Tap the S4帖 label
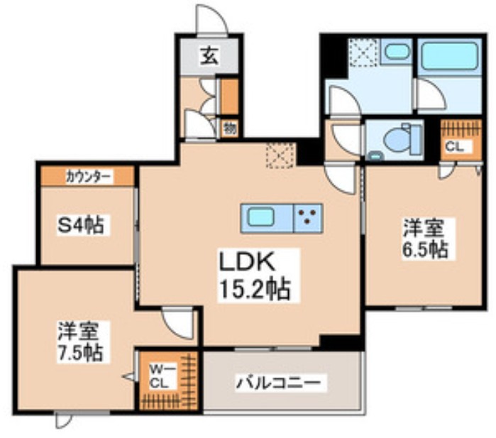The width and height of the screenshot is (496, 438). pos(81,226)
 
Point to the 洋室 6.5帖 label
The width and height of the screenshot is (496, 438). pos(425,239)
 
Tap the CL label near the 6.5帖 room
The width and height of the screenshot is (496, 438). pos(454,148)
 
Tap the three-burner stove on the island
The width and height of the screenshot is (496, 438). pos(308,217)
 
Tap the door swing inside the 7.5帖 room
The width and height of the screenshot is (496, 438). pos(177,324)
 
